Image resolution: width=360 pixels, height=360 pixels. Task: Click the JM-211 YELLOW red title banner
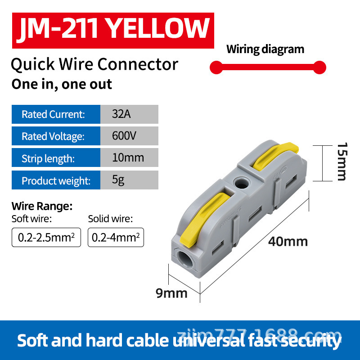[112, 29]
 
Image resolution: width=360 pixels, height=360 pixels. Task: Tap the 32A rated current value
[129, 114]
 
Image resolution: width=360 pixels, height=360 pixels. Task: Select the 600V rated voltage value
[129, 136]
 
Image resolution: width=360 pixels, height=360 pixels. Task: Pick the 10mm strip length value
[129, 158]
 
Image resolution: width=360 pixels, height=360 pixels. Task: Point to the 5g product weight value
[129, 180]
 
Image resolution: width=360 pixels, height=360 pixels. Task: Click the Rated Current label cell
[55, 114]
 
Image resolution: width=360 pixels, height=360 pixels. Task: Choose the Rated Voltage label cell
[55, 136]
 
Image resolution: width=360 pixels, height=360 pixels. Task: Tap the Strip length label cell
[55, 158]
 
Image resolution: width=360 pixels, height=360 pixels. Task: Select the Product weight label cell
[55, 180]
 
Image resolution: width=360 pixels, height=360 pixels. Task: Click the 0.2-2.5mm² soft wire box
[46, 238]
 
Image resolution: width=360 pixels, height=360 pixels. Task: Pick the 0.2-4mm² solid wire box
[116, 238]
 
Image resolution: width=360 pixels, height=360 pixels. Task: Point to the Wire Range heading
[41, 207]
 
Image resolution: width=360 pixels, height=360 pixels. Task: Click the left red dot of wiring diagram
[216, 68]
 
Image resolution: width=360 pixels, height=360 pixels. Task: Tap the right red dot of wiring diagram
[319, 68]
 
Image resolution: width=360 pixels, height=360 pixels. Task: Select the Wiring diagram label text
[265, 49]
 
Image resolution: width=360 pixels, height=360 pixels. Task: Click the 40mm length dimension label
[288, 242]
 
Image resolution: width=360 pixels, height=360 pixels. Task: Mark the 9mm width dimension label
[171, 293]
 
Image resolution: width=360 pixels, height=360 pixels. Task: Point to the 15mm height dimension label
[342, 161]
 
